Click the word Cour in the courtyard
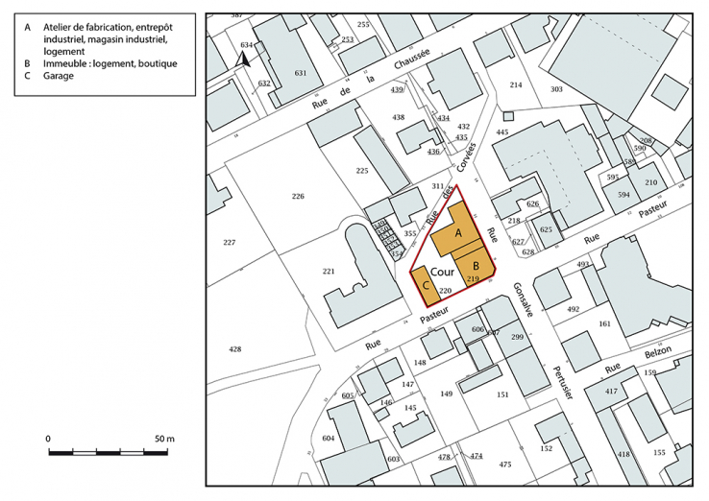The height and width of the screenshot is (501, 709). click(x=442, y=273)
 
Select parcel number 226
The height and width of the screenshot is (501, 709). click(x=298, y=196)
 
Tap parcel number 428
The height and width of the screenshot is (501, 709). click(x=235, y=350)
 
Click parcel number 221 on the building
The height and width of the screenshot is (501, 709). click(x=328, y=272)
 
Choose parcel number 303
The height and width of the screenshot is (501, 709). click(x=556, y=89)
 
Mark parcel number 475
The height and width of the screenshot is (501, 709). click(x=505, y=465)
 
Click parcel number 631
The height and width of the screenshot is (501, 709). click(x=301, y=73)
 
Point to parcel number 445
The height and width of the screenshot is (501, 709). click(x=501, y=131)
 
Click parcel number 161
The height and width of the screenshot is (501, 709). click(x=604, y=324)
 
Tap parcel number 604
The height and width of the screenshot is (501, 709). click(x=329, y=438)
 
